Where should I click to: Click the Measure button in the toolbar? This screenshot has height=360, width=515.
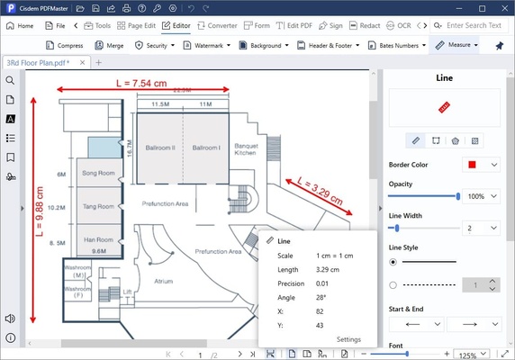pos(459,44)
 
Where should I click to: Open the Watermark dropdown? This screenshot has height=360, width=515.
pos(207,44)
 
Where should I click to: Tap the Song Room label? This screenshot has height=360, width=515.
pos(98,172)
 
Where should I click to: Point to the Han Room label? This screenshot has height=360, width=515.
pos(98,240)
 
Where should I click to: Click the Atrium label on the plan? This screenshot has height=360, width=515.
pos(163,281)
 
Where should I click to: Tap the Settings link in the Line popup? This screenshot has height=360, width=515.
pos(348,339)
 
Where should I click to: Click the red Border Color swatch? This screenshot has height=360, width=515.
pos(470,165)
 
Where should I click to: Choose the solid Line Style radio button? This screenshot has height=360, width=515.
pos(393,262)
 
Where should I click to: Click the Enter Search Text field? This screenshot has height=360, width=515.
pos(474,25)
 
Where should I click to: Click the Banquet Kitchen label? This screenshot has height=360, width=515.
pos(245,149)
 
